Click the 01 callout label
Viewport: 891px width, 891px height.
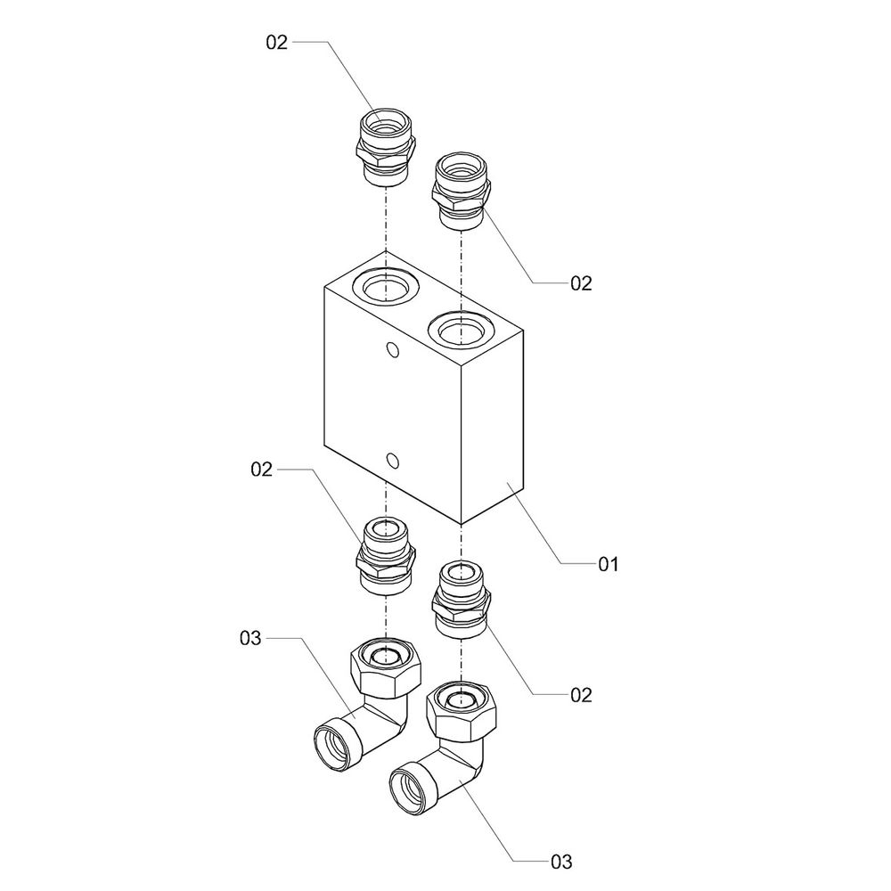coord(608,564)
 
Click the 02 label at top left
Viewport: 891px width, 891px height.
coord(277,42)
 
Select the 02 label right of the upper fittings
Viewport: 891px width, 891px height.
coord(581,283)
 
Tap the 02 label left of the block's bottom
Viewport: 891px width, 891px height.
coord(261,470)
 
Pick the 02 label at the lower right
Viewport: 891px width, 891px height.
coord(581,695)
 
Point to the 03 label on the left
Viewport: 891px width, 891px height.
coord(250,638)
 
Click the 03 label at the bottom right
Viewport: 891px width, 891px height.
coord(561,862)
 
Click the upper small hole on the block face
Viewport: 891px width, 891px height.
coord(392,350)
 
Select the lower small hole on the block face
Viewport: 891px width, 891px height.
coord(392,460)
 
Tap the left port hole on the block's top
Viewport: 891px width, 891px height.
coord(387,286)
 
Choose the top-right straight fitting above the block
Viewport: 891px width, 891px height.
coord(462,191)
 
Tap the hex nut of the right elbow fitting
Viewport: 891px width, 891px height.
coord(462,710)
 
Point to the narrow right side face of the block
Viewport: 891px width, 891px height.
coord(492,426)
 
